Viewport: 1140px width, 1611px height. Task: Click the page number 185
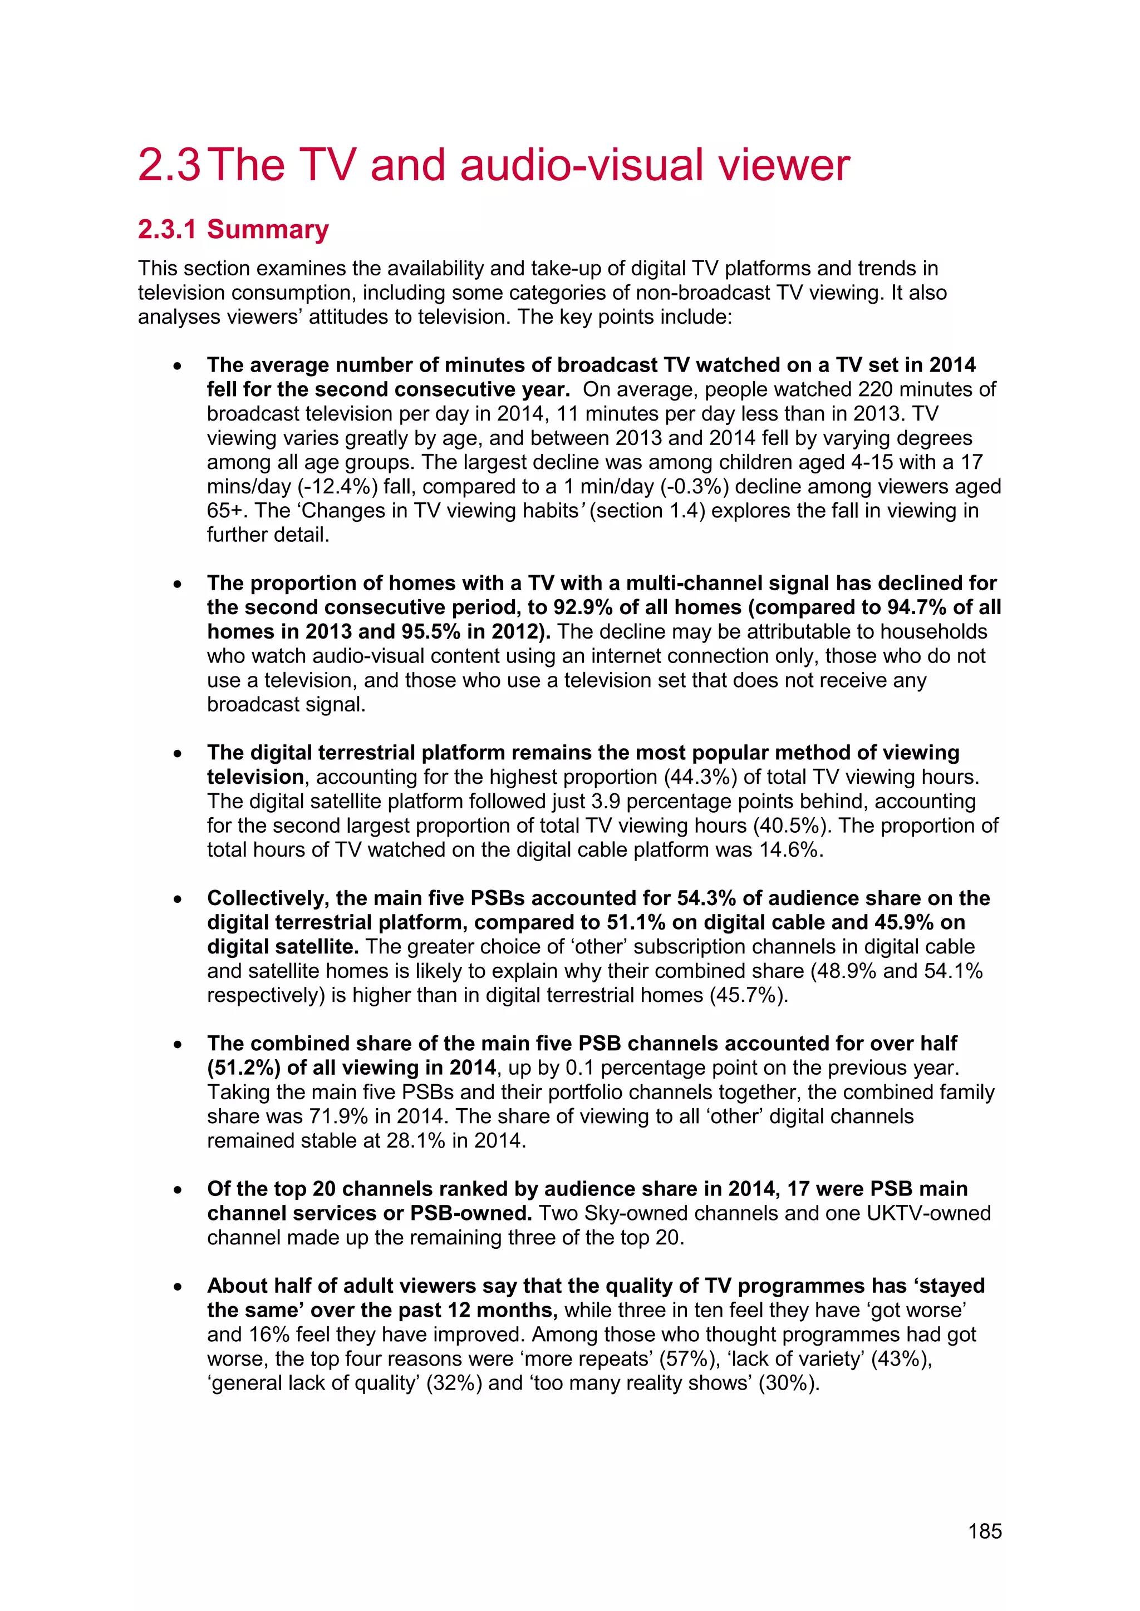[x=984, y=1531]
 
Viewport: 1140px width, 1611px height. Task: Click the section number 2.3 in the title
[x=169, y=166]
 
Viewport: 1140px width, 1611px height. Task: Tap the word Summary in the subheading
[x=267, y=229]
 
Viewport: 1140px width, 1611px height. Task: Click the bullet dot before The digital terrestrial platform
[x=179, y=754]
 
